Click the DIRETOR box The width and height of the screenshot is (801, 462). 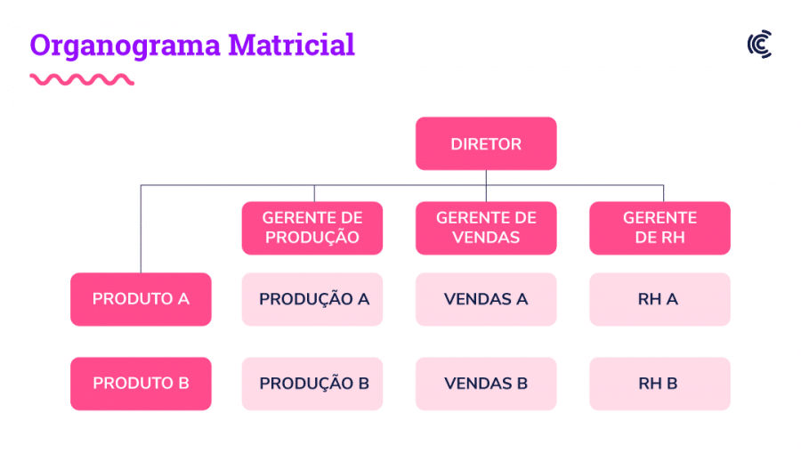(486, 143)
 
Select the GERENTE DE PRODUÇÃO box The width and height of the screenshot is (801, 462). (312, 228)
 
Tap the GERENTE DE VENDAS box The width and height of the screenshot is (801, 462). (486, 228)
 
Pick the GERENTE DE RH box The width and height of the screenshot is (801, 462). (659, 228)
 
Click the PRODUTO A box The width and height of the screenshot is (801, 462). (141, 299)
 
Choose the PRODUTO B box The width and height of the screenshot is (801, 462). (141, 384)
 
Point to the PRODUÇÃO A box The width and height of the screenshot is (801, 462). (312, 299)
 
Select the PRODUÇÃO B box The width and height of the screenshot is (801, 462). (312, 384)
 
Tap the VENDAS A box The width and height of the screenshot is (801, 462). (486, 299)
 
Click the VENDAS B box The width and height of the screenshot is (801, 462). (486, 384)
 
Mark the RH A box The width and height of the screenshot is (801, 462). (659, 299)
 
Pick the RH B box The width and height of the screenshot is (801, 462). (659, 384)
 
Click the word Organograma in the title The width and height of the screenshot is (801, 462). (125, 46)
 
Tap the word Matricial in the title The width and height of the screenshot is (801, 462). (291, 45)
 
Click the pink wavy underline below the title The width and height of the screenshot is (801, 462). (82, 79)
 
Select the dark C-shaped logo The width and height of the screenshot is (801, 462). (760, 44)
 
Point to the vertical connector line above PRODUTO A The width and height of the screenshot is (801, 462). (141, 229)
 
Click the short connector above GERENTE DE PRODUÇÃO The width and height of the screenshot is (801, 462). (314, 193)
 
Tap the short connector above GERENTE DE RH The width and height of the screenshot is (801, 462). (664, 193)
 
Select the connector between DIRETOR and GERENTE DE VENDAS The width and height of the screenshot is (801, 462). (486, 185)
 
